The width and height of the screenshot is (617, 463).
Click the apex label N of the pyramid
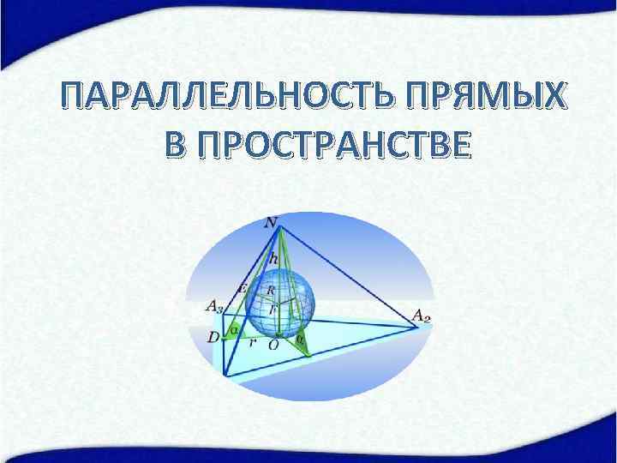(x=272, y=222)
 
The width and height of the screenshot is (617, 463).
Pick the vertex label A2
(x=422, y=316)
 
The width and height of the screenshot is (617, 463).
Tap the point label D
(x=213, y=338)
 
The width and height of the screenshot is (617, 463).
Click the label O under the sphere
(x=273, y=345)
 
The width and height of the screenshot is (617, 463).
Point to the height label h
(x=273, y=256)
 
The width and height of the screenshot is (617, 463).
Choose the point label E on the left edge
(x=243, y=288)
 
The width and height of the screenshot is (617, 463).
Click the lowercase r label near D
(x=252, y=341)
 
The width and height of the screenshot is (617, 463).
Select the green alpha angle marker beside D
(x=233, y=330)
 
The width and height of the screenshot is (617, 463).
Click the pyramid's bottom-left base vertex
(x=225, y=374)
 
